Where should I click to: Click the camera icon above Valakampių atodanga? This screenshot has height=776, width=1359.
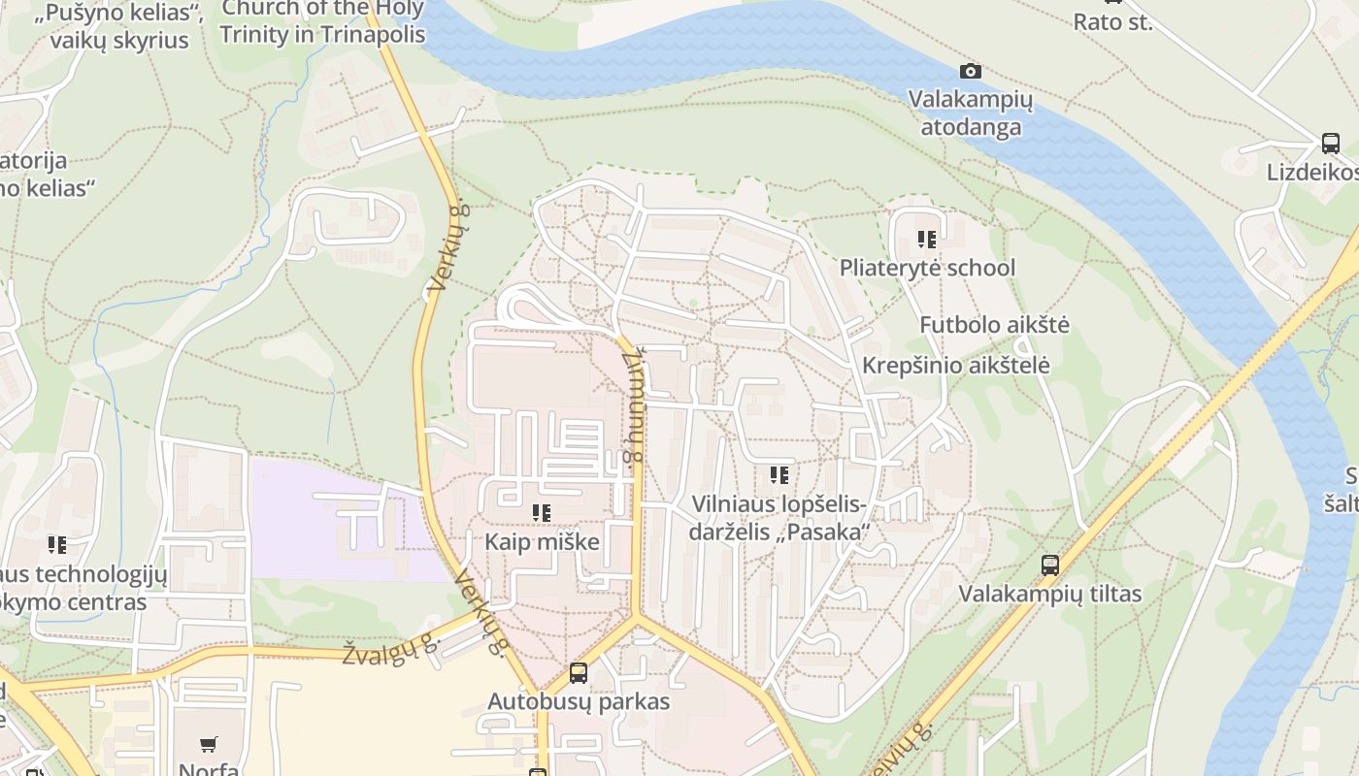970,71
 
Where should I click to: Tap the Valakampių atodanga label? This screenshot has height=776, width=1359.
971,113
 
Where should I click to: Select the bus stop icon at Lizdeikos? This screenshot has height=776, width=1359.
1331,144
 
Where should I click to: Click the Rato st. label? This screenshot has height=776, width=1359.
1112,21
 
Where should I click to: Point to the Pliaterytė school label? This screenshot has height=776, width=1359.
927,268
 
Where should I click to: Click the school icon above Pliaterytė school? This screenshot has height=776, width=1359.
927,239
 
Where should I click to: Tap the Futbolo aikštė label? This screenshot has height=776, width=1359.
994,324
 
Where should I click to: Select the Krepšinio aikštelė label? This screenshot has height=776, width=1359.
955,366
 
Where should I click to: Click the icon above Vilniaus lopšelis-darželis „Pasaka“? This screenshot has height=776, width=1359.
779,475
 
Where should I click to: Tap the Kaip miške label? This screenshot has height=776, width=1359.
542,541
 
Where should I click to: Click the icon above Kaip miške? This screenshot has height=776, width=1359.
542,512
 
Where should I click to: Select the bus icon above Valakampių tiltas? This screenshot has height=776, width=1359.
1049,565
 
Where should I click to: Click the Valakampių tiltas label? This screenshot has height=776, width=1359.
1049,594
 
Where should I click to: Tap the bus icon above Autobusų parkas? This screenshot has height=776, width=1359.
579,672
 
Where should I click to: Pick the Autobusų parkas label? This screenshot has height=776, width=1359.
579,701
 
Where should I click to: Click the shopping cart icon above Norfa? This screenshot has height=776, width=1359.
209,745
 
